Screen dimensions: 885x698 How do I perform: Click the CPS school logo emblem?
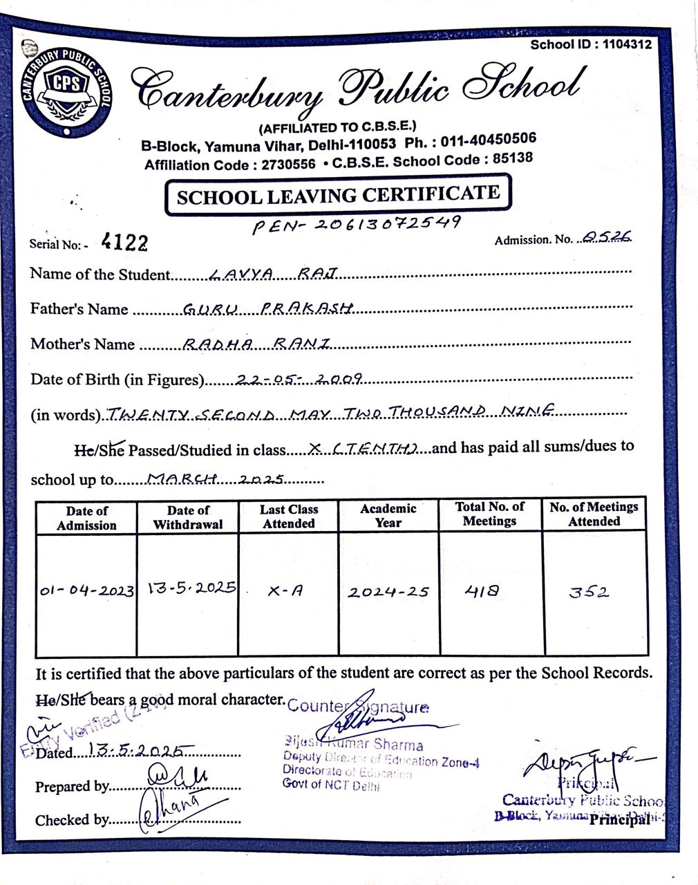[x=66, y=89]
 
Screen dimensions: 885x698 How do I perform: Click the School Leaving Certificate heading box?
[x=338, y=196]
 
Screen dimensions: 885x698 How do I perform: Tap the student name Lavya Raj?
[x=272, y=274]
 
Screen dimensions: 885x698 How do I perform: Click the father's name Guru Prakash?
[x=268, y=309]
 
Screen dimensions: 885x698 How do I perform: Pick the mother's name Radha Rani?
[x=256, y=344]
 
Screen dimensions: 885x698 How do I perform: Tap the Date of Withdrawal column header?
[x=188, y=517]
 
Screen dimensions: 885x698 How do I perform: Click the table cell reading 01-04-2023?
[x=87, y=592]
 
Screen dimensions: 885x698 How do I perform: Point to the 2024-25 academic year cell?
[x=388, y=592]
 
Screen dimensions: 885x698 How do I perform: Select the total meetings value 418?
[x=481, y=591]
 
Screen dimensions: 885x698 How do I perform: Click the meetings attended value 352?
[x=589, y=592]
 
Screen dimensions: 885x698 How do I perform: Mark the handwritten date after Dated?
[x=140, y=752]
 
